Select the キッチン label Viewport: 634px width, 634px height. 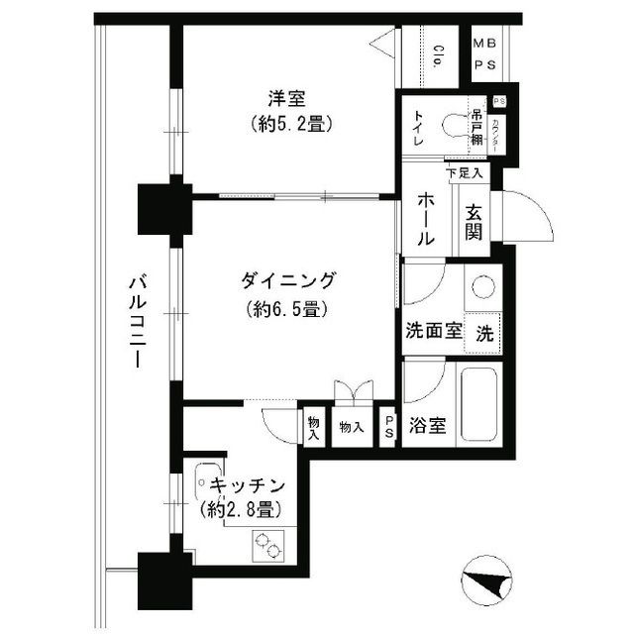[249, 486]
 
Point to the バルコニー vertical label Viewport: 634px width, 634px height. [137, 322]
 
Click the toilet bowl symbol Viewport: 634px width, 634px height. [456, 126]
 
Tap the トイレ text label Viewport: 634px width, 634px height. [418, 130]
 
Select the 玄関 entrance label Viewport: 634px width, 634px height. [474, 222]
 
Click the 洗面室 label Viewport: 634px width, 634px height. [432, 333]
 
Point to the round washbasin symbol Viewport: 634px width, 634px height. [483, 287]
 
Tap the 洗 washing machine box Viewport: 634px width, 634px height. [484, 334]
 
